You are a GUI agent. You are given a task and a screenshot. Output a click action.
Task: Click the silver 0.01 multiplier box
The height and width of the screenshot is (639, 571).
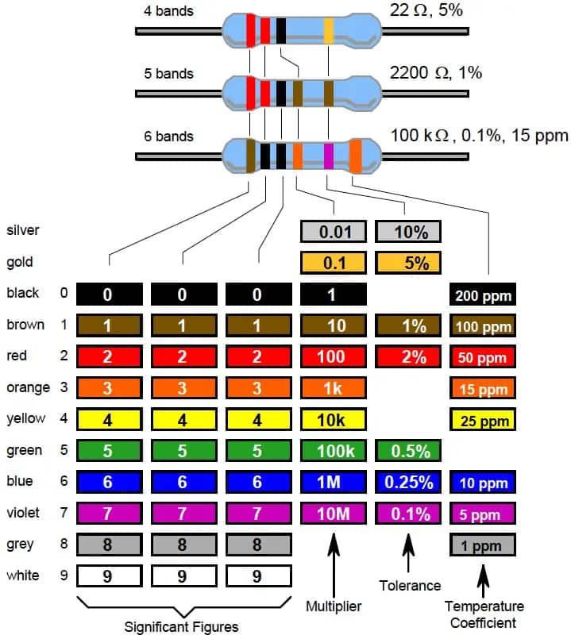pyautogui.click(x=333, y=231)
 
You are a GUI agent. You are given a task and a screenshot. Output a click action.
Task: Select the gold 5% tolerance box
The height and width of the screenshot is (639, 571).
pyautogui.click(x=408, y=263)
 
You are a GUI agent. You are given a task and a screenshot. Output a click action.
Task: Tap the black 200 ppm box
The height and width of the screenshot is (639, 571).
pyautogui.click(x=483, y=295)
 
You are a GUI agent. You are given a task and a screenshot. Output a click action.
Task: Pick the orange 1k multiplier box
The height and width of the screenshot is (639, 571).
pyautogui.click(x=333, y=389)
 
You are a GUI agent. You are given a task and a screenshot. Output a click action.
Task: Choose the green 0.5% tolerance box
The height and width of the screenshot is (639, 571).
pyautogui.click(x=408, y=451)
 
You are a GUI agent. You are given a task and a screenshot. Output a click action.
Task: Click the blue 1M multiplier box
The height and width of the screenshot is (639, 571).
pyautogui.click(x=333, y=483)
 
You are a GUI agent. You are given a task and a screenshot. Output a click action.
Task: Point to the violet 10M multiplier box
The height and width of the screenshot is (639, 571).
pyautogui.click(x=333, y=514)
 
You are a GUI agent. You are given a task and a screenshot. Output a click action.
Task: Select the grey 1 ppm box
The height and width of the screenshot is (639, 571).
pyautogui.click(x=483, y=546)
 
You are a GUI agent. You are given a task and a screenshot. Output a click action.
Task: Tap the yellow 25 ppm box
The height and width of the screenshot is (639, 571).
pyautogui.click(x=483, y=420)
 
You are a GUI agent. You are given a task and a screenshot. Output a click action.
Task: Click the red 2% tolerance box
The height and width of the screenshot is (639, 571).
pyautogui.click(x=408, y=357)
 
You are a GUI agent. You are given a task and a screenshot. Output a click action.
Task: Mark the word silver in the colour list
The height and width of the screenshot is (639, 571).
pyautogui.click(x=22, y=230)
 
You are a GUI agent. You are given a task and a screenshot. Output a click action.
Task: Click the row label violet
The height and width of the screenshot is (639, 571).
pyautogui.click(x=23, y=513)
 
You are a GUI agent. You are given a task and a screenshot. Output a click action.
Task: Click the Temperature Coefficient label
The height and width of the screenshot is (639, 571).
pyautogui.click(x=484, y=614)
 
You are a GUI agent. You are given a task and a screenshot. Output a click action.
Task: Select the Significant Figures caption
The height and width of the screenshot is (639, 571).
pyautogui.click(x=181, y=626)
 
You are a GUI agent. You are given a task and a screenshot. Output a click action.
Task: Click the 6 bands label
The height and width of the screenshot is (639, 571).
pyautogui.click(x=168, y=137)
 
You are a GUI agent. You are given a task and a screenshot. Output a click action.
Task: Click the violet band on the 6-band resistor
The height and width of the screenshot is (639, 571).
pyautogui.click(x=329, y=154)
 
